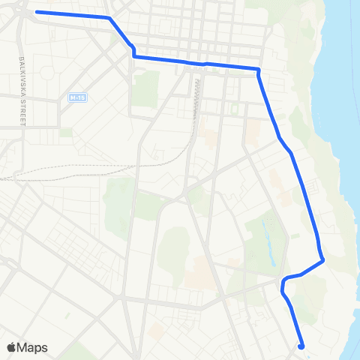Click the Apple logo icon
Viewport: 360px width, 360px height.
[x=10, y=348]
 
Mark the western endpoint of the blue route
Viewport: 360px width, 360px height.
[x=36, y=13]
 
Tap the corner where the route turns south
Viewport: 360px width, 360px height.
[x=258, y=70]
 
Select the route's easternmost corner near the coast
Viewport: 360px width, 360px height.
[x=322, y=261]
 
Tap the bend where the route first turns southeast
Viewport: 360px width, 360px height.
[x=109, y=18]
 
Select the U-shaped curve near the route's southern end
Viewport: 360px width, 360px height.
[x=283, y=283]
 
